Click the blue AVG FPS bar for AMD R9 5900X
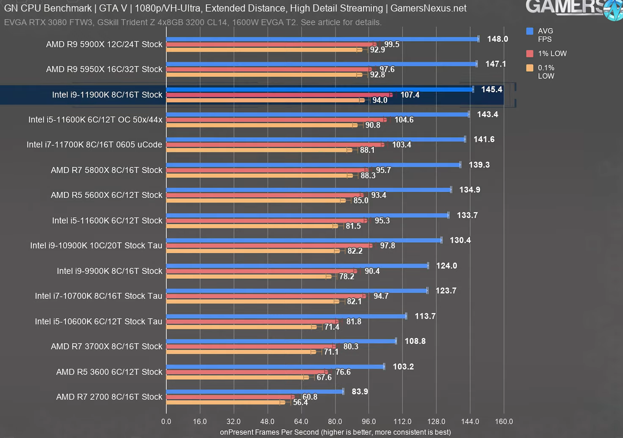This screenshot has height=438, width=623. (322, 39)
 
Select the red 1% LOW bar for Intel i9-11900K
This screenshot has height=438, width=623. (278, 95)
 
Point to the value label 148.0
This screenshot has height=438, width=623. (497, 39)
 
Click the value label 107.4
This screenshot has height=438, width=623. (410, 95)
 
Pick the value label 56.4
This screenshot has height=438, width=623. (300, 402)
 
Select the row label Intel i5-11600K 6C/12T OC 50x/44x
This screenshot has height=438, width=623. (96, 120)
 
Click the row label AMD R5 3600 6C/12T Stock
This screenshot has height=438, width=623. (109, 372)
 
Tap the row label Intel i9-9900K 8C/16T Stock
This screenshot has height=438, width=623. (110, 271)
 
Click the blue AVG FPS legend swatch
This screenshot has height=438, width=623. (530, 31)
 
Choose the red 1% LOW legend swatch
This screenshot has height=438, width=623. (530, 54)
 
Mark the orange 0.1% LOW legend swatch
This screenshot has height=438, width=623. (530, 68)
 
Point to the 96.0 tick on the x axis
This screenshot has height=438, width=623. (369, 421)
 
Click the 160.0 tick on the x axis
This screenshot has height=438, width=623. (504, 421)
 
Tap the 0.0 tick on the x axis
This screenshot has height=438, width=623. (166, 421)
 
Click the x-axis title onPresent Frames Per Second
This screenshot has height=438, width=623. (335, 432)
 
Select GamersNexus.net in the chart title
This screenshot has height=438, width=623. (428, 8)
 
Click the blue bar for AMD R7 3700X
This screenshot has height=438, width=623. (281, 341)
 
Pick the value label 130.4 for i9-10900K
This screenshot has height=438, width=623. (460, 240)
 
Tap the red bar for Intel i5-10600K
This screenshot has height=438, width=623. (252, 322)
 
